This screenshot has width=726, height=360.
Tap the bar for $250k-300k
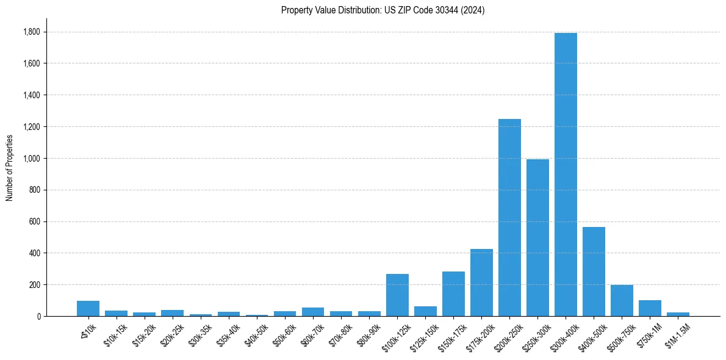click(537, 238)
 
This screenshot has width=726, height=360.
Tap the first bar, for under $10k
click(88, 309)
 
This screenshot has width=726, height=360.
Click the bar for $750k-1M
click(650, 308)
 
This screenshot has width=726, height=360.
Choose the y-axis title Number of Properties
click(9, 168)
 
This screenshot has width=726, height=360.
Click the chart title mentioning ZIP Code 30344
click(383, 10)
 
